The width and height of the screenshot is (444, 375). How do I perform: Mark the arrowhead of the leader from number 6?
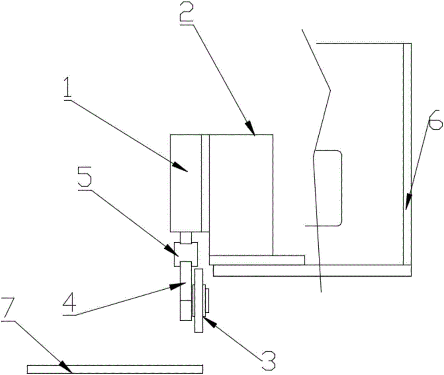coord(407,205)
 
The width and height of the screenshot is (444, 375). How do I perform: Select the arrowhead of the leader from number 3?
coord(206,320)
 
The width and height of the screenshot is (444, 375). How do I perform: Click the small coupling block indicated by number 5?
coord(186,253)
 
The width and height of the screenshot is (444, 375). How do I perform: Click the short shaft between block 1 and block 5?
coord(186,237)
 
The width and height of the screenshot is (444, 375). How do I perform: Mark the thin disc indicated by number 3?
coord(198,301)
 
